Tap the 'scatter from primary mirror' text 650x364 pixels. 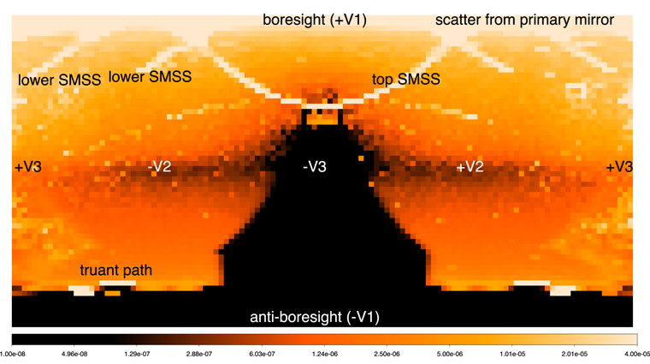tap(524, 20)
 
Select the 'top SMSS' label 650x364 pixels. tap(405, 80)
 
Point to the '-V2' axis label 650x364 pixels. tap(159, 167)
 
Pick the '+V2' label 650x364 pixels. tap(470, 167)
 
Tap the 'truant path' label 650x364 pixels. tap(116, 272)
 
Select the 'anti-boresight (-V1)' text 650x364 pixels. tap(315, 318)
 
